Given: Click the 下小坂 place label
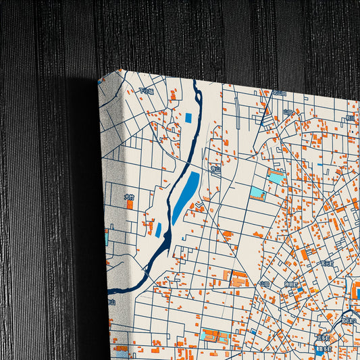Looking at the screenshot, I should click(146, 91).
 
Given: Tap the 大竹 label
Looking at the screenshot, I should click(129, 197).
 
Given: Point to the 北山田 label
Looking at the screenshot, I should click(280, 93).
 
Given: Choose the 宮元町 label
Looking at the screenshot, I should click(328, 263).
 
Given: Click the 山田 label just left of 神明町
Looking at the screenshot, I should click(263, 284).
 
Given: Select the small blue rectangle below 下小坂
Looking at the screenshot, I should click(188, 118).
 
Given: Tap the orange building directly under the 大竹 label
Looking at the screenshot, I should click(130, 205).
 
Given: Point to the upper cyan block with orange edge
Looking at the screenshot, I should click(275, 178).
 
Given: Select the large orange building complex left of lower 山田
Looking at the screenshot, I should click(238, 278).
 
